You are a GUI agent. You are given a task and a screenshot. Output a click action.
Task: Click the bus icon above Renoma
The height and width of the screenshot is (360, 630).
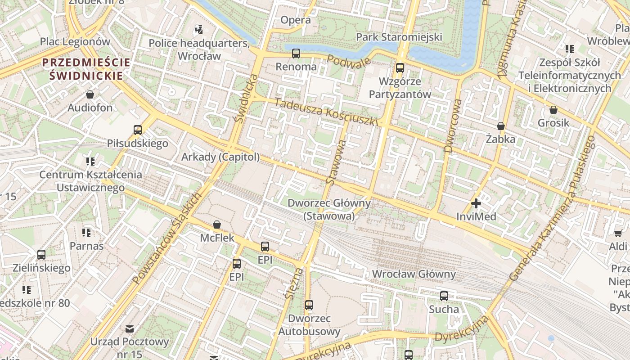click(296, 54)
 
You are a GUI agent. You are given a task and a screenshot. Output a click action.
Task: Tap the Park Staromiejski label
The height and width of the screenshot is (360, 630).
click(399, 37)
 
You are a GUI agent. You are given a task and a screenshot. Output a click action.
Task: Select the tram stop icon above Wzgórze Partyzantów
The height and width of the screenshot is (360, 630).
click(400, 68)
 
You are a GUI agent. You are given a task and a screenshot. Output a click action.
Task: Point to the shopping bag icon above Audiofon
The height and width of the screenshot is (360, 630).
click(90, 94)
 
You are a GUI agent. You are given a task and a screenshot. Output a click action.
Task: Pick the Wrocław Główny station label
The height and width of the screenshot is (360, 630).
click(414, 274)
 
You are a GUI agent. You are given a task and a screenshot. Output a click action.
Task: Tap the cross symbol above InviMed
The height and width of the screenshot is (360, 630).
click(476, 203)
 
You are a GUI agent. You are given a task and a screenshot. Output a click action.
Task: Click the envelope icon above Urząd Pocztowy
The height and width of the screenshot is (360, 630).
click(130, 328)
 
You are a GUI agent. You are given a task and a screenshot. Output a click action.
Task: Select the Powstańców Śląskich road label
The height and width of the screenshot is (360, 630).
click(167, 238)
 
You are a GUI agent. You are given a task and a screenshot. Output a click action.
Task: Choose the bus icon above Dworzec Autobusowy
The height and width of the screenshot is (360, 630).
click(309, 305)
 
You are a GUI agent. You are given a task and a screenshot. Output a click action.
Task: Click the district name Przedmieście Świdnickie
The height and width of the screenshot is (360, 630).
click(86, 69)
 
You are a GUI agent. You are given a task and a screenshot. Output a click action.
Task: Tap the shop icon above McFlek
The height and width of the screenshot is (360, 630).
click(217, 224)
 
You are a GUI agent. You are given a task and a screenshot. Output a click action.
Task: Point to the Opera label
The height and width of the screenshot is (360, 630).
click(295, 20)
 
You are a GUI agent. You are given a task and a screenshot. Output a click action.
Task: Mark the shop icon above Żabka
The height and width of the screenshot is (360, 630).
click(500, 126)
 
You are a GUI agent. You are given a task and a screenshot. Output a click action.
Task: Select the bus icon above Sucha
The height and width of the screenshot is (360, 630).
click(444, 296)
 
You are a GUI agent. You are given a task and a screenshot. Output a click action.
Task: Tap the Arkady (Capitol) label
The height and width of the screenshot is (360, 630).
click(220, 157)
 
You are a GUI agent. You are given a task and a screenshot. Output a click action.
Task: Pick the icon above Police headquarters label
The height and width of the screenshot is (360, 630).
click(199, 30)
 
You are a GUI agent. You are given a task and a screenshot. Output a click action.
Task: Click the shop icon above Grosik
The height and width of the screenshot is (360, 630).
click(553, 110)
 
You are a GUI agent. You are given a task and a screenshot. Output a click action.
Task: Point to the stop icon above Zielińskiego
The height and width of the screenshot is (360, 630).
click(41, 255)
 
